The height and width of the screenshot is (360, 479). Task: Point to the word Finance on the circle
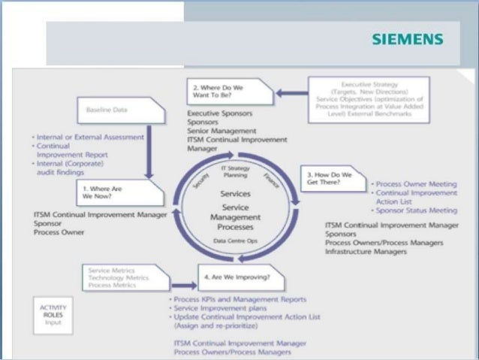[271, 179]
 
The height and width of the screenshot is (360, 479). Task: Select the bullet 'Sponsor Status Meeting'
[416, 211]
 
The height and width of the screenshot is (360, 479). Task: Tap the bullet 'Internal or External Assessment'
[91, 138]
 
